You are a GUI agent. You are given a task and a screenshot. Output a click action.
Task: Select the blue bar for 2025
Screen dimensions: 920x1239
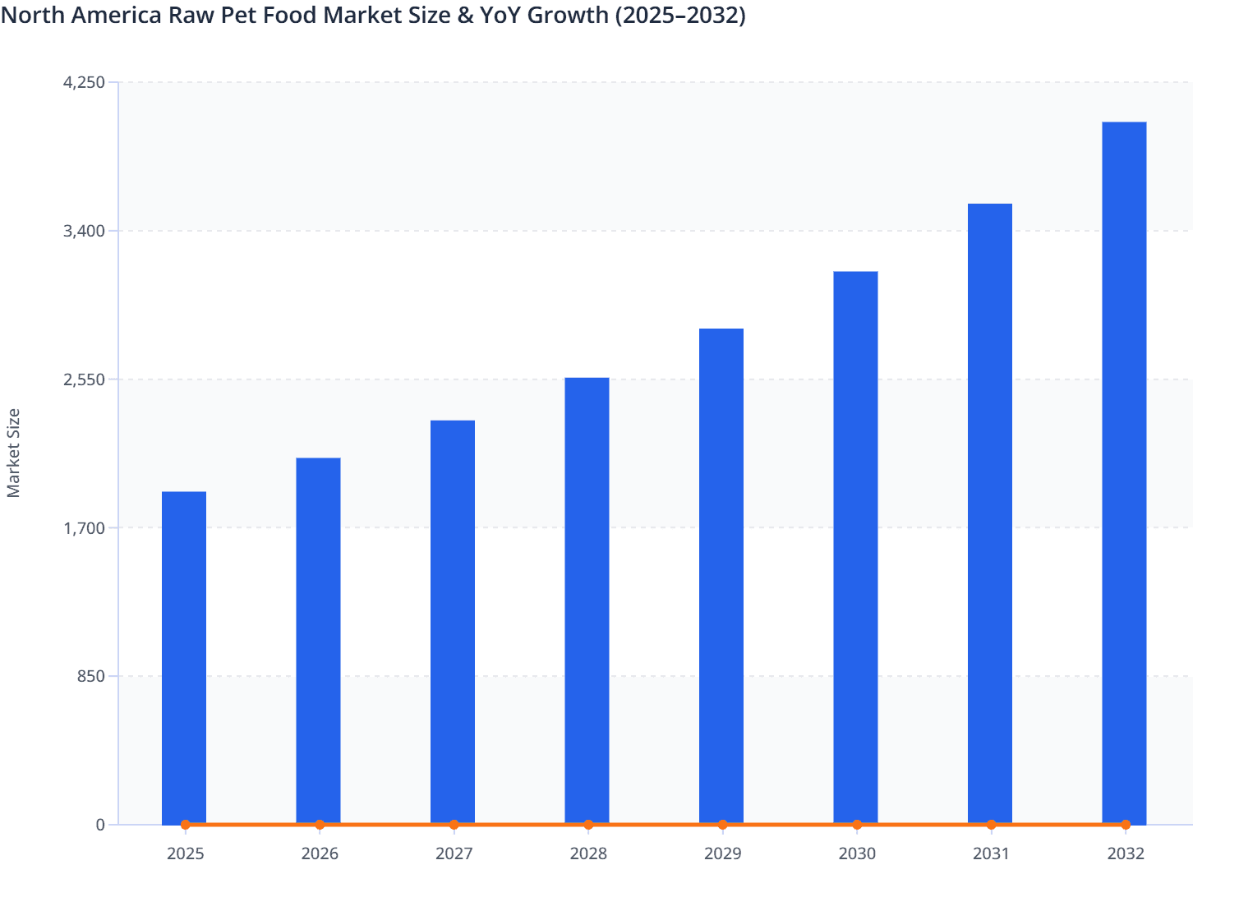(x=184, y=657)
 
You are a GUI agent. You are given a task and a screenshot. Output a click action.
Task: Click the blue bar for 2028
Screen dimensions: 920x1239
(x=587, y=600)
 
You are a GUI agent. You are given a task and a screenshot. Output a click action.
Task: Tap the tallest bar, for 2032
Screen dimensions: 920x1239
(x=1124, y=472)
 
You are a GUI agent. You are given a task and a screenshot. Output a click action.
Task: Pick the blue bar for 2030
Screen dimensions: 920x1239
(x=855, y=546)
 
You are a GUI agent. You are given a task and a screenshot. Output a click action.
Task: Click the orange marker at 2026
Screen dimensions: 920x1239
(x=320, y=825)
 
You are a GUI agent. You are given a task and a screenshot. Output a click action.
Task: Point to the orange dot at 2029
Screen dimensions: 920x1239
(x=722, y=825)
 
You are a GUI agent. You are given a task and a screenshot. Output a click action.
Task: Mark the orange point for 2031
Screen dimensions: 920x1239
(x=991, y=825)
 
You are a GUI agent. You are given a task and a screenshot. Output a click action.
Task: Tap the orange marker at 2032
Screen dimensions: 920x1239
(x=1126, y=825)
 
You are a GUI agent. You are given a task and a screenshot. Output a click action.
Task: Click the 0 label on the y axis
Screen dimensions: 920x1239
(x=100, y=825)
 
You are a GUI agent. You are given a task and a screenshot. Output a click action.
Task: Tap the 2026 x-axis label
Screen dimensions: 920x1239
(x=320, y=853)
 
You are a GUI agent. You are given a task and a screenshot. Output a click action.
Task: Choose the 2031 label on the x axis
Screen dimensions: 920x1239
(x=991, y=853)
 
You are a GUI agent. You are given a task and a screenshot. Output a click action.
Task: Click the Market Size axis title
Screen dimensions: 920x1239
(x=13, y=453)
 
